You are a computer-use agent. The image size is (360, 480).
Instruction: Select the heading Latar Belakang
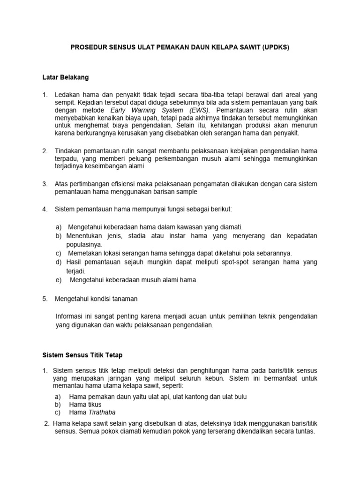pos(66,76)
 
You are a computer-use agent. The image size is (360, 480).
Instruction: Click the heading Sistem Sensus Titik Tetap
pos(82,356)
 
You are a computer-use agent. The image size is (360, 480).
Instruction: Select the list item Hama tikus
pos(85,404)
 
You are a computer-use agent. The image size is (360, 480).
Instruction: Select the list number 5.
pos(45,298)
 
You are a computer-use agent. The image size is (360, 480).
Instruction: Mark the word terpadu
pos(67,158)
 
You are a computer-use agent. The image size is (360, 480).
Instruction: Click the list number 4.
pos(45,209)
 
